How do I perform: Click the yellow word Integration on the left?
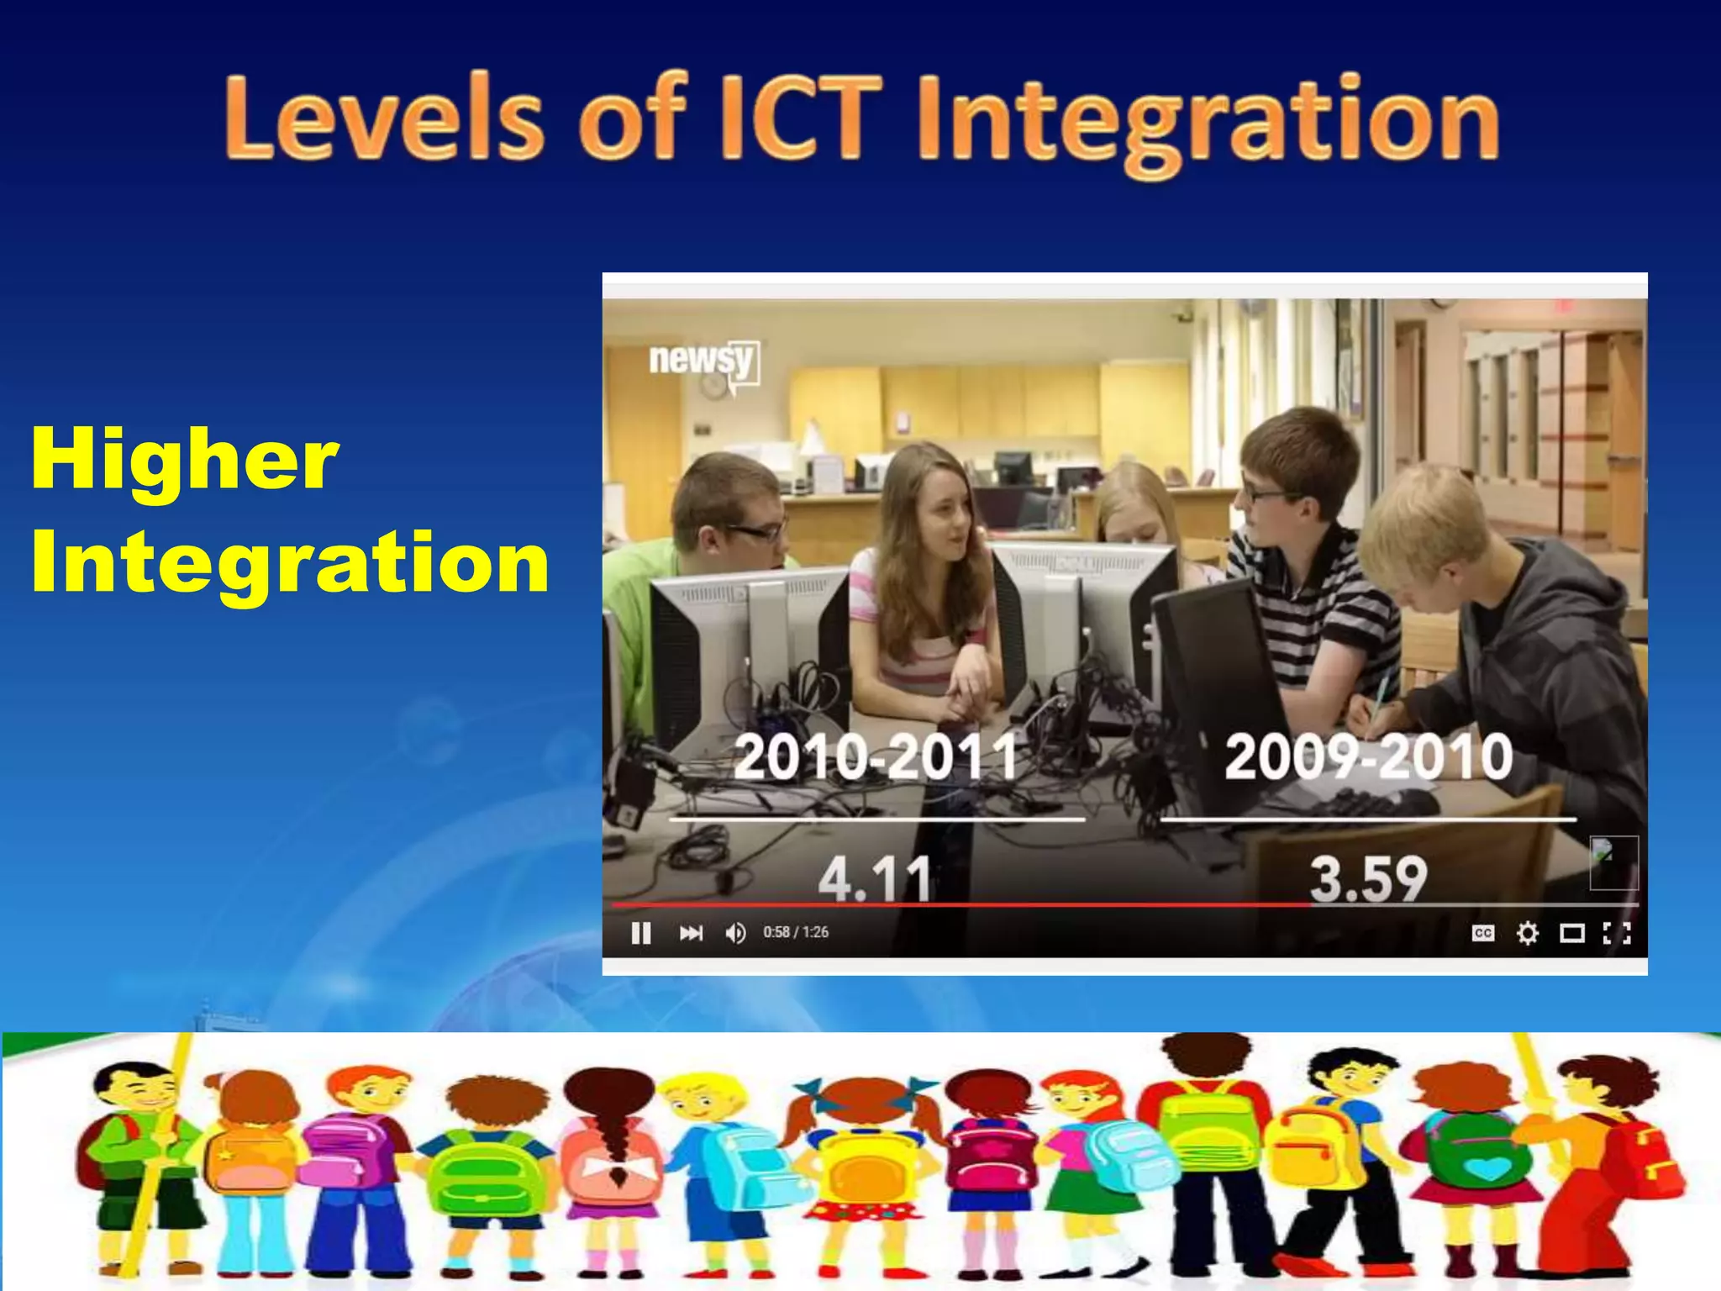click(x=290, y=561)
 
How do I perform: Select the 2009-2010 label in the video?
click(x=1368, y=756)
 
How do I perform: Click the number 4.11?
click(x=875, y=879)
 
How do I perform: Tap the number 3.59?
click(x=1368, y=879)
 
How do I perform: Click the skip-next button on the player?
click(x=691, y=933)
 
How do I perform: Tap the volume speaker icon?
click(x=735, y=933)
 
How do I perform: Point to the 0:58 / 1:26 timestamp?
click(x=796, y=932)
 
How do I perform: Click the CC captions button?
click(x=1483, y=933)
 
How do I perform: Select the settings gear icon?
click(x=1528, y=933)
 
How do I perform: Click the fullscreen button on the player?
click(x=1617, y=933)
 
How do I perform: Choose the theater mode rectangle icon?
click(x=1572, y=933)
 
